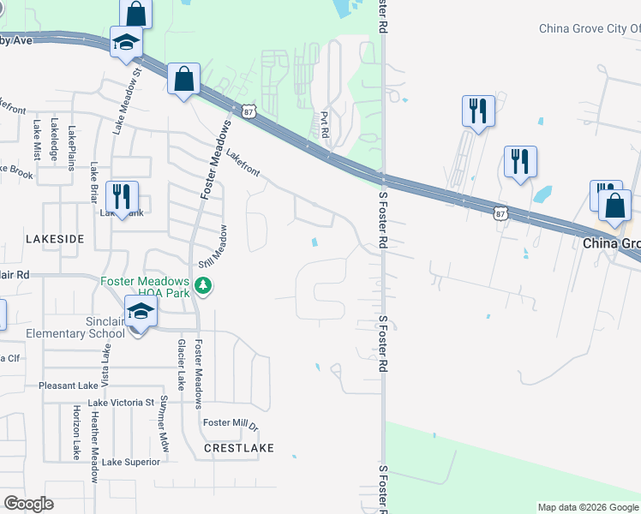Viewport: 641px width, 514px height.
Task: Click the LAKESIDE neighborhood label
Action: (54, 239)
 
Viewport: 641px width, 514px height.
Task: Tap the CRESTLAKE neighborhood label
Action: (238, 448)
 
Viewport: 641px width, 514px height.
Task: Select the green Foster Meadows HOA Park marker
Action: (203, 285)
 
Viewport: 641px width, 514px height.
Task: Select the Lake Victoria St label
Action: (120, 403)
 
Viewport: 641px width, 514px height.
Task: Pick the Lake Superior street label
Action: (131, 462)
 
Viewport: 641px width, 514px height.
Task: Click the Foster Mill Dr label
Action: (230, 423)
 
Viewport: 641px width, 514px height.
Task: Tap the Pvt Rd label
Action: (325, 125)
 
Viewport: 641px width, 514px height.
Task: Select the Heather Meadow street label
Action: (94, 433)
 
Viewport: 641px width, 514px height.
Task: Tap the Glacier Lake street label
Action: (181, 364)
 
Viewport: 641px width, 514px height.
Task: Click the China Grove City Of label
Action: (589, 28)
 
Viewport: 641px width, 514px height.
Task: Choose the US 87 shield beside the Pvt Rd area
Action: (249, 111)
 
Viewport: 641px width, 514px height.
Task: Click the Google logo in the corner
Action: (28, 504)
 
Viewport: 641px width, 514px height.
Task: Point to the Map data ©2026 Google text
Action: (588, 507)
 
